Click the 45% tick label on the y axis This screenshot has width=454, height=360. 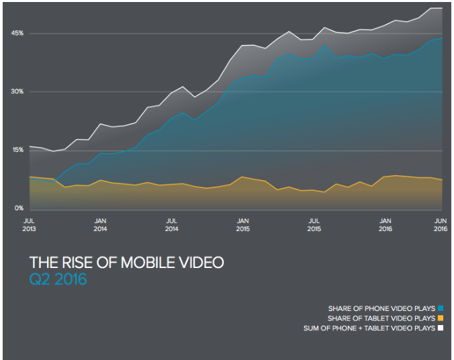coord(17,33)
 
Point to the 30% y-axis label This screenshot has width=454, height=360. coord(17,92)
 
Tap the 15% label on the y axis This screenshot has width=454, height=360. coord(17,150)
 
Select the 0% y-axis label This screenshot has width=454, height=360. coord(19,209)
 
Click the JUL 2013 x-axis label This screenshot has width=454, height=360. coord(30,224)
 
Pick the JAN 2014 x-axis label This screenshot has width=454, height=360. coord(101,224)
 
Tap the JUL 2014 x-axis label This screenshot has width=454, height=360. coord(172,224)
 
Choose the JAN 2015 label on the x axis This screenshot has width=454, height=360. coord(243,224)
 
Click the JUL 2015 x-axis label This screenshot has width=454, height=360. coord(314,224)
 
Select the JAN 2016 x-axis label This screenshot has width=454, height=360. coord(385,224)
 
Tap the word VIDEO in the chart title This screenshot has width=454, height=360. coord(200,263)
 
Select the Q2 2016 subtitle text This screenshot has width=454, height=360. coord(58,279)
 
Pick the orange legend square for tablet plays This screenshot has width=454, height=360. coord(441,318)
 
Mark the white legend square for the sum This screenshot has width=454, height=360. coord(441,328)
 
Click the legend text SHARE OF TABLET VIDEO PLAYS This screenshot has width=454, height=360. coord(381,318)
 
